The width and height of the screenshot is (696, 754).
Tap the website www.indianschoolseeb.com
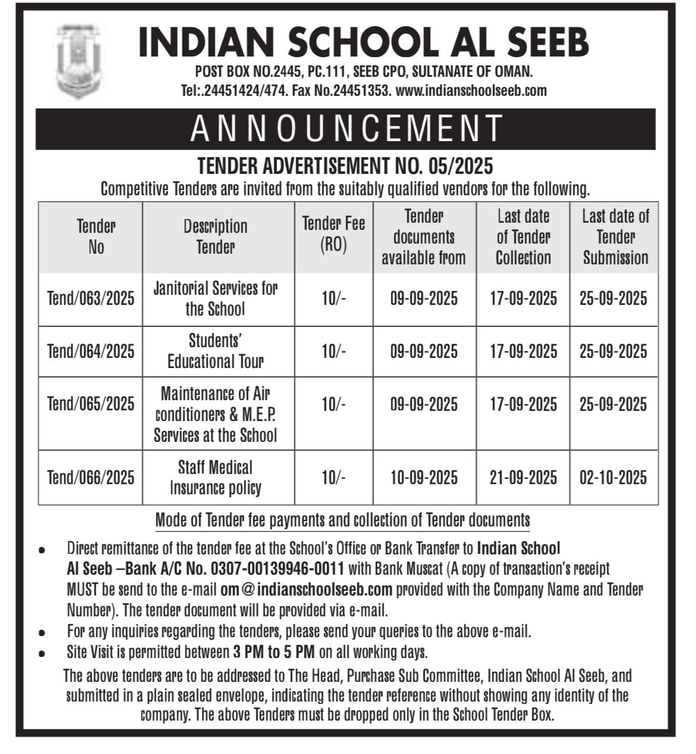click(471, 91)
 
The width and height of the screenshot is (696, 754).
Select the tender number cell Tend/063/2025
click(90, 299)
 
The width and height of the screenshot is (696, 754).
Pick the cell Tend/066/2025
click(90, 478)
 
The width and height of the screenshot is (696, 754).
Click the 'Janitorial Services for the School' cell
click(215, 299)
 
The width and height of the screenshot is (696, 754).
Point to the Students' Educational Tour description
click(215, 351)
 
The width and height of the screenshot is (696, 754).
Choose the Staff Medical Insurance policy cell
click(215, 478)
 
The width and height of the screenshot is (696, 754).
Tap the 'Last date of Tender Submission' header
click(615, 237)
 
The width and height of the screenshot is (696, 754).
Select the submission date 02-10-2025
click(613, 478)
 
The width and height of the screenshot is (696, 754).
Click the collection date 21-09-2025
click(523, 478)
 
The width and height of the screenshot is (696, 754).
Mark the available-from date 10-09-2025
click(424, 478)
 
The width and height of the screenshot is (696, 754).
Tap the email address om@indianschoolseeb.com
click(306, 590)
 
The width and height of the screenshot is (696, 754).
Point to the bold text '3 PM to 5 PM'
click(274, 652)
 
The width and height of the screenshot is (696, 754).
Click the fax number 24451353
click(362, 91)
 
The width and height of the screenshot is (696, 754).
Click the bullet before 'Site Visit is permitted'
click(42, 653)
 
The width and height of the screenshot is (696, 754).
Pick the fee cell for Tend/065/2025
click(333, 405)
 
